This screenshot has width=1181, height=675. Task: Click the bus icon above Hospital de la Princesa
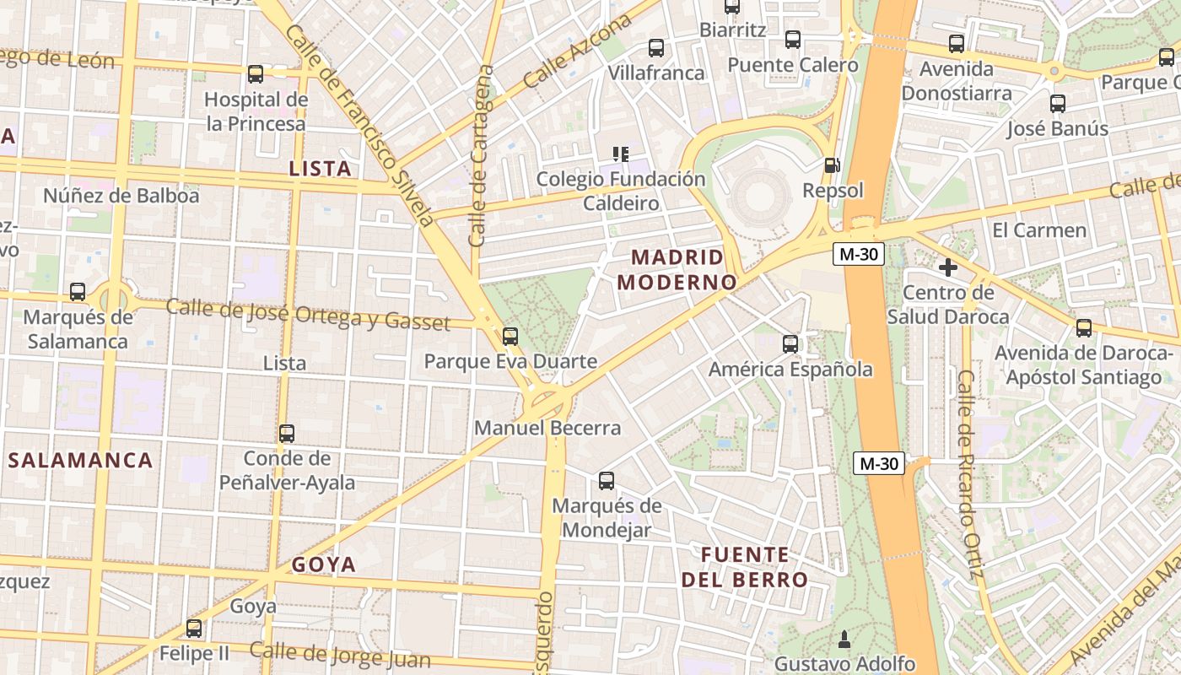[x=256, y=74]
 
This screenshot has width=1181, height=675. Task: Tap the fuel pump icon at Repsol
[x=832, y=165]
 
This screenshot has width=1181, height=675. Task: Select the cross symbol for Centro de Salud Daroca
[x=948, y=267]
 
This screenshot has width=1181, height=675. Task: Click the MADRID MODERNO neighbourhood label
[x=677, y=269]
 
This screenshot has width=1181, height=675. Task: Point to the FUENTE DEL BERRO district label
[x=745, y=567]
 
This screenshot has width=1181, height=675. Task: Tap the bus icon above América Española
[x=790, y=343]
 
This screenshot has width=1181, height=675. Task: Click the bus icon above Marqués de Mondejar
[x=607, y=481]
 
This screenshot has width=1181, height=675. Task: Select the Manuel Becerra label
[x=547, y=428]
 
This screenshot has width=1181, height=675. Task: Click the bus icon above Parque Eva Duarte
[x=510, y=337]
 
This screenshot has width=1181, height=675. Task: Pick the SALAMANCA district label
[x=81, y=460]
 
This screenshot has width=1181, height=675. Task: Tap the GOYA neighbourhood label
[x=324, y=564]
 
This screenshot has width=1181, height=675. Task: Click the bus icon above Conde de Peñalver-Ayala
[x=287, y=434]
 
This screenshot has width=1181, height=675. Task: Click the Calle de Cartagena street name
[x=481, y=156]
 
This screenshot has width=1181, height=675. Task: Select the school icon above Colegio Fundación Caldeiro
[x=621, y=154]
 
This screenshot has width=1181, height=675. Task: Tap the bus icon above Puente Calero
[x=793, y=39]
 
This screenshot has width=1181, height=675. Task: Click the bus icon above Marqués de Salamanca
[x=78, y=292]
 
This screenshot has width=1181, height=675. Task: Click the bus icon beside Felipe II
[x=194, y=629]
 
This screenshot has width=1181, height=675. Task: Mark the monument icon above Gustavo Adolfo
[x=844, y=639]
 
